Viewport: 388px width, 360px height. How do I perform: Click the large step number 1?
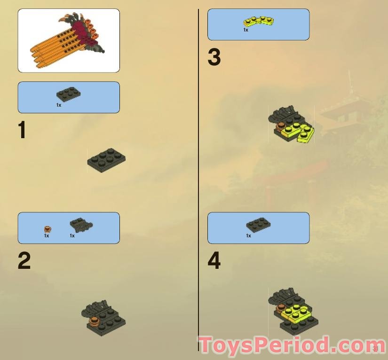(22, 130)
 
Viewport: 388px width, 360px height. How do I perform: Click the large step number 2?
(24, 261)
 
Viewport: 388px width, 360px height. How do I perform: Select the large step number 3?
(214, 58)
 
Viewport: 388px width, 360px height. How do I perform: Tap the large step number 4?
(214, 261)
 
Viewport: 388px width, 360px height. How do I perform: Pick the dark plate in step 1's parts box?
(69, 94)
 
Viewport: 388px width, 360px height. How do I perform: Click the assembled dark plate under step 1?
(106, 160)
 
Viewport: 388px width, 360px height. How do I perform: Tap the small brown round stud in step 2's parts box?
(48, 229)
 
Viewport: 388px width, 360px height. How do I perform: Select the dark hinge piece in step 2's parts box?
(80, 225)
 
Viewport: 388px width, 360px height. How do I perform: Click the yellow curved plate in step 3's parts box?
(259, 21)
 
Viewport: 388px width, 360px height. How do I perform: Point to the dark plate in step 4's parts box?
(258, 225)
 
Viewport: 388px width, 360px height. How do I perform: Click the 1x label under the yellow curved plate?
(245, 30)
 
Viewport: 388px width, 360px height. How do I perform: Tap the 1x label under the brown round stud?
(47, 236)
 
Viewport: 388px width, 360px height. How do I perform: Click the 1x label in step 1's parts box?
(59, 105)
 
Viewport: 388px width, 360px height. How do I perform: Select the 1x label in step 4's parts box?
(248, 236)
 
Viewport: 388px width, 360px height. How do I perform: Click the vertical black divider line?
(198, 179)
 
